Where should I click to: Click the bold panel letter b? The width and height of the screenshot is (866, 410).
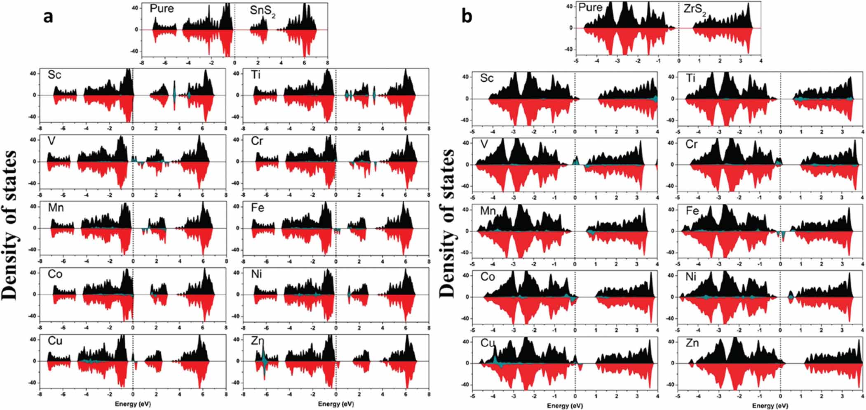[x=467, y=16]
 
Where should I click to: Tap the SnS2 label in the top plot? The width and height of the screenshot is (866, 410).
[x=263, y=11]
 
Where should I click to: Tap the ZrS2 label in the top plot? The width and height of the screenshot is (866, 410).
[x=695, y=9]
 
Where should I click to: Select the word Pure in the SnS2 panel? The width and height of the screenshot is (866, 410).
[x=162, y=9]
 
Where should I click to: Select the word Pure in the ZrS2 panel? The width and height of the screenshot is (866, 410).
[x=590, y=7]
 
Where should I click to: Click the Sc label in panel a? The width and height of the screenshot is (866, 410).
[x=54, y=75]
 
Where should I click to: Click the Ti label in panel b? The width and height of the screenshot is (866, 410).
[x=690, y=78]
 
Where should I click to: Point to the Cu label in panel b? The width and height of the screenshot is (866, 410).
[x=487, y=343]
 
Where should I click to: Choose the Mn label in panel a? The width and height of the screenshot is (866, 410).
[x=56, y=207]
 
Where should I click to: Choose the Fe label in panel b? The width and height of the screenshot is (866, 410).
[x=692, y=211]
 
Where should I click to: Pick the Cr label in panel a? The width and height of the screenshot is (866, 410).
[x=257, y=141]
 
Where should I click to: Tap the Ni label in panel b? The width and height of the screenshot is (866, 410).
[x=691, y=277]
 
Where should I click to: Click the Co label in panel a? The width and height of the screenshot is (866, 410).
[x=55, y=274]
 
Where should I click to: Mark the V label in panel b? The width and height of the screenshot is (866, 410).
[x=484, y=144]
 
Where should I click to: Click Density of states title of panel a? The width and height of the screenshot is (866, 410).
[x=10, y=225]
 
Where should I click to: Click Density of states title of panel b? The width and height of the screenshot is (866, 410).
[x=448, y=223]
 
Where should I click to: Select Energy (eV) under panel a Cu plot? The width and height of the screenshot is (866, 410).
[x=133, y=404]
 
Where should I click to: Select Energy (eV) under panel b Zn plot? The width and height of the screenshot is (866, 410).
[x=770, y=405]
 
